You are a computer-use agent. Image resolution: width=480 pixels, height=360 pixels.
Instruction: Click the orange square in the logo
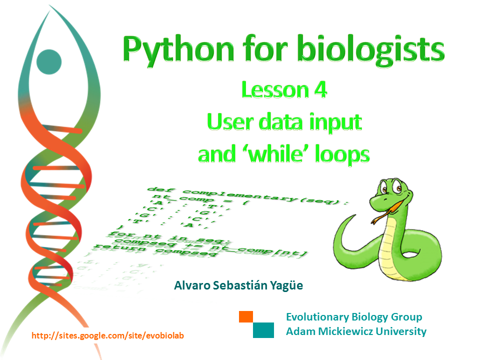246,316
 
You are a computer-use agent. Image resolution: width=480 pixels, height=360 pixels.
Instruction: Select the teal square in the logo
263,330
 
